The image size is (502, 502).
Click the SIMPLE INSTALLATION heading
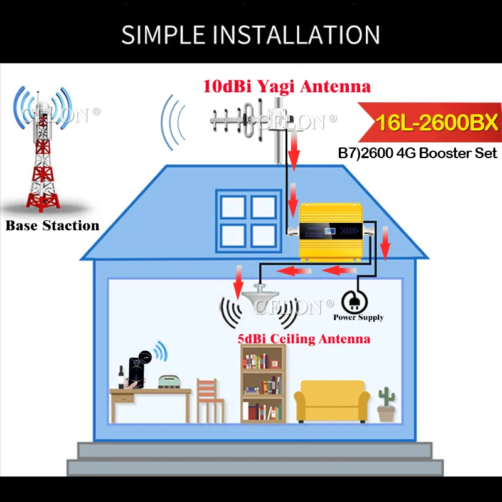pyautogui.click(x=250, y=35)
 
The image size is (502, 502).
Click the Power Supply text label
pyautogui.click(x=358, y=318)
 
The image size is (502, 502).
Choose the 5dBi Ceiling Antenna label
pyautogui.click(x=303, y=339)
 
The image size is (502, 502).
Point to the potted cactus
pyautogui.click(x=385, y=405)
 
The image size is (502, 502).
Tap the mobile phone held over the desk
pyautogui.click(x=134, y=370)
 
